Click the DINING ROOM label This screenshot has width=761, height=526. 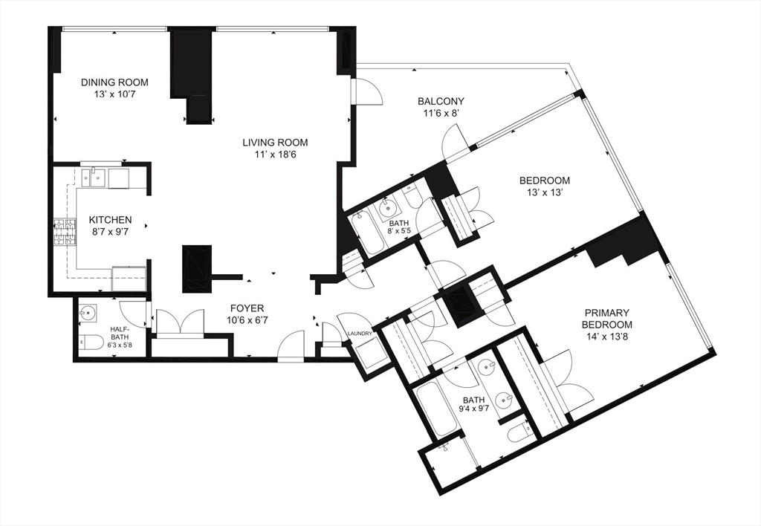(114, 82)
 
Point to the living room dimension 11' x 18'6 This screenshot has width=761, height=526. (274, 155)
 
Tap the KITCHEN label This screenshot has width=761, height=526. (110, 220)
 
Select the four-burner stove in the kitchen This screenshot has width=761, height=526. (65, 232)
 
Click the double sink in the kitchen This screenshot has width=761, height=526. (97, 176)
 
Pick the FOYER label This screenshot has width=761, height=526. (247, 308)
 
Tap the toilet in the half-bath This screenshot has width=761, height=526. (92, 342)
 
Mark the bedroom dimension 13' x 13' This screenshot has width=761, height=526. (544, 193)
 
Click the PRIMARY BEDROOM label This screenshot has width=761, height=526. (607, 319)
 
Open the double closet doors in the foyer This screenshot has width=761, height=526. (178, 323)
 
